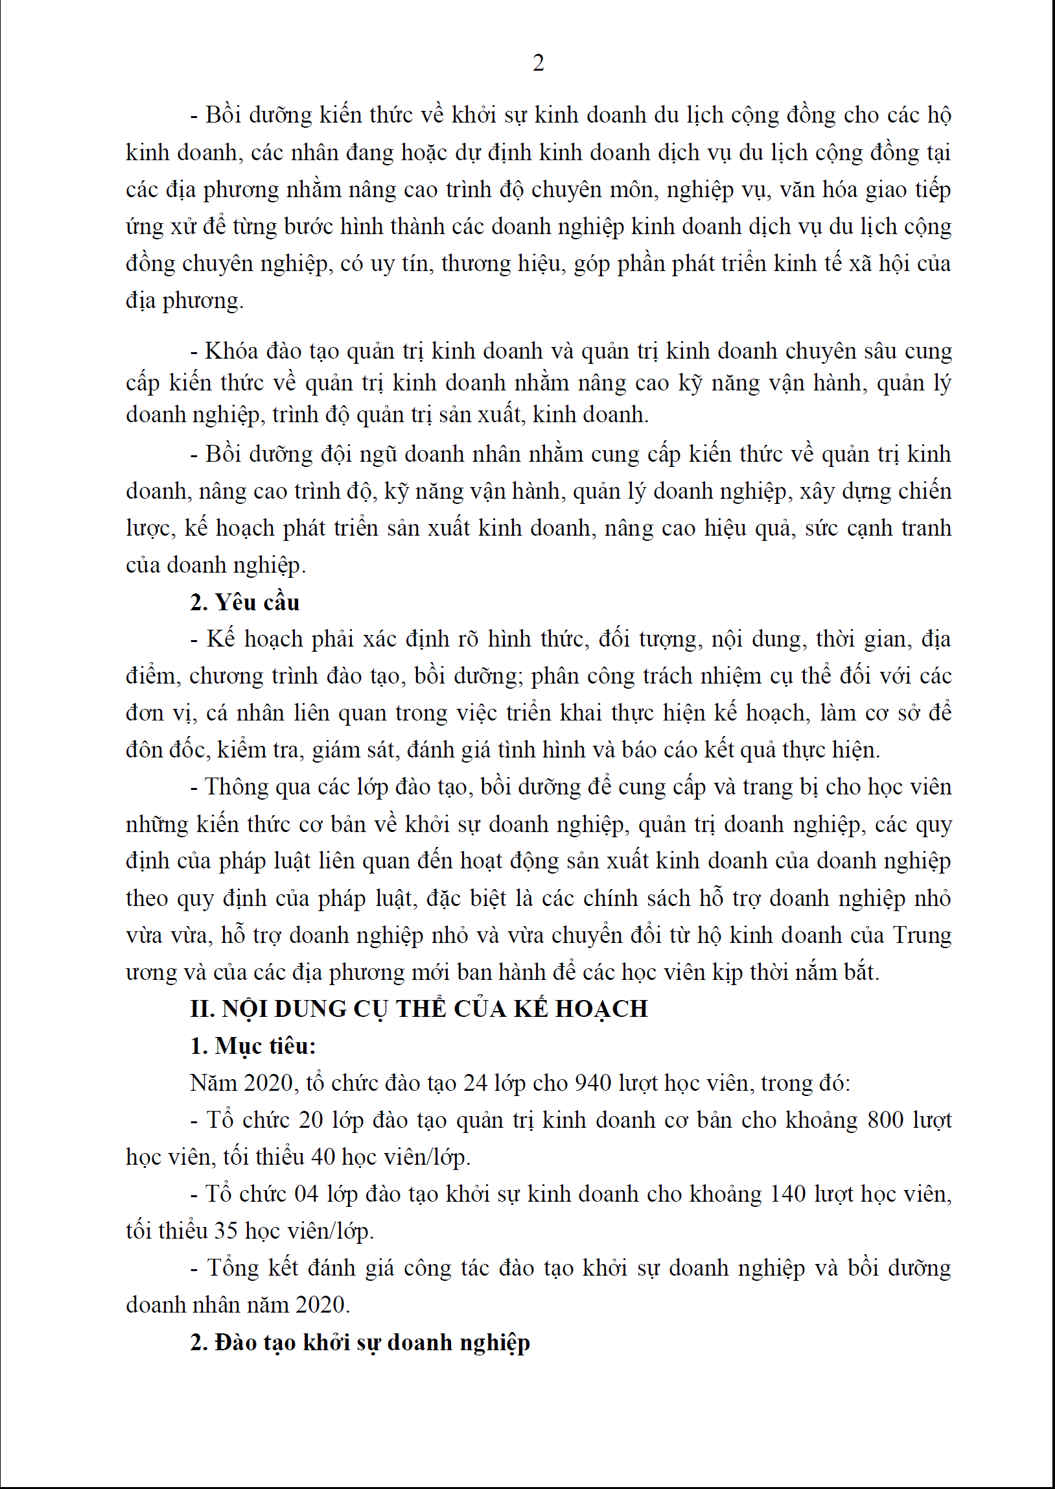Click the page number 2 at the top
pos(538,63)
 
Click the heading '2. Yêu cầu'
pos(244,602)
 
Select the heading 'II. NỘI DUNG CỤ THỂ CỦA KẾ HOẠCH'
pos(419,1008)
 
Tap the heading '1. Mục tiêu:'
pos(253,1045)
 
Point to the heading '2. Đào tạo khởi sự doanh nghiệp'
pos(360,1342)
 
